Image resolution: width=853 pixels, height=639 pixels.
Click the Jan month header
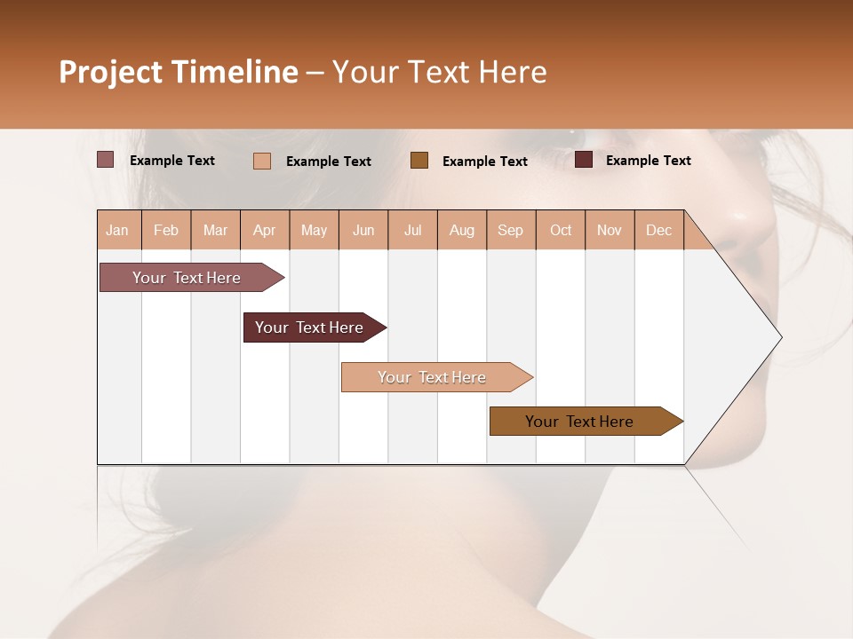[118, 230]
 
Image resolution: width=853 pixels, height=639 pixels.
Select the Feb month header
[166, 230]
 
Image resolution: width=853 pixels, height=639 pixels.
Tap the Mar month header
[215, 230]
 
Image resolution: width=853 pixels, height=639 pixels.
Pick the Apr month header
[265, 230]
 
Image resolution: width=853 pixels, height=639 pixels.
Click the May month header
[314, 230]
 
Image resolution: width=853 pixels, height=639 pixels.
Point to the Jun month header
[363, 230]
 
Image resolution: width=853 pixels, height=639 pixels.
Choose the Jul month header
[412, 230]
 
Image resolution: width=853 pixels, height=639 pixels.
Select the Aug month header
[462, 230]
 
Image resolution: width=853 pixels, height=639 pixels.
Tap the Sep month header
[511, 230]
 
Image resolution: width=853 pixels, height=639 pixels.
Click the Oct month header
[561, 230]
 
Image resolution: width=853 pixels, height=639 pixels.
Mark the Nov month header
[610, 230]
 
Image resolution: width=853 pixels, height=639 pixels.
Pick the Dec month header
[658, 230]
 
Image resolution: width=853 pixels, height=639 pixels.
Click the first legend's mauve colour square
[105, 160]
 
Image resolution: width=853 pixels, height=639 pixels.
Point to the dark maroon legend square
[584, 160]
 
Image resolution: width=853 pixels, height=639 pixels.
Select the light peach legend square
[262, 161]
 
